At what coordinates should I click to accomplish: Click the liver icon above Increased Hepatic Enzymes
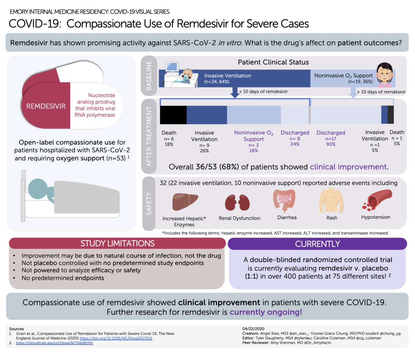185,201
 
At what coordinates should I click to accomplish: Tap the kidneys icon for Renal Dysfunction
237,202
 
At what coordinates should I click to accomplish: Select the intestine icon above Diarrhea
284,201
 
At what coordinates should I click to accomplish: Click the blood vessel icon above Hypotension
377,200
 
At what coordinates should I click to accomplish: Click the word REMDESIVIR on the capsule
46,106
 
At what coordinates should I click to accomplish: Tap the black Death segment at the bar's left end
173,115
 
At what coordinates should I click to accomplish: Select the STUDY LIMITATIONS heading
118,243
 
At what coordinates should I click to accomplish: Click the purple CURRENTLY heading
317,244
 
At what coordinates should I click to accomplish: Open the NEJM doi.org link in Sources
116,338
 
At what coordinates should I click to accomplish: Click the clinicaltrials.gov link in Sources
54,343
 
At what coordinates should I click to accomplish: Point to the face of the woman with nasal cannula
384,74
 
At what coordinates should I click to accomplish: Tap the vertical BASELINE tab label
149,75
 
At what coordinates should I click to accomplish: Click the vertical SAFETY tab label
149,204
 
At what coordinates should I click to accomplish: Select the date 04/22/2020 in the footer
253,328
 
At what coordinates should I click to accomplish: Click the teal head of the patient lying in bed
38,189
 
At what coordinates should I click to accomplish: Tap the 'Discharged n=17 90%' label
331,138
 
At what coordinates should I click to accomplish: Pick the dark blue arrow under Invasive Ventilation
234,92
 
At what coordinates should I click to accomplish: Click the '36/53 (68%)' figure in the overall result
217,167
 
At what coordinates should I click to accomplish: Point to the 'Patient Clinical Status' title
273,62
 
